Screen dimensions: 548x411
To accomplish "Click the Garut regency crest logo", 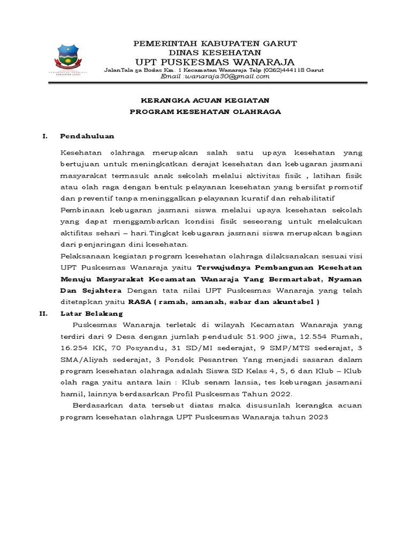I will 75,60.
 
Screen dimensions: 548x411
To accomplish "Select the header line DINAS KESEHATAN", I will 215,52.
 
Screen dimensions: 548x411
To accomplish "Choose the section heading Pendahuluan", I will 87,136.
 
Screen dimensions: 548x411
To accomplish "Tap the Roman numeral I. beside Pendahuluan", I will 45,136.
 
